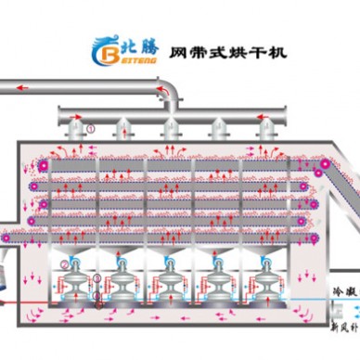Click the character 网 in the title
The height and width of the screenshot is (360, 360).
tap(174, 52)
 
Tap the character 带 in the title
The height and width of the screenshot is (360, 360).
tap(196, 52)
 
